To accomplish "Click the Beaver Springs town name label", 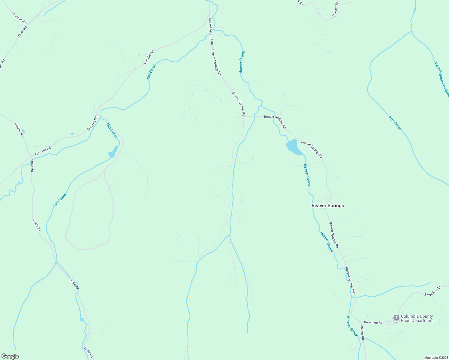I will pos(327,205).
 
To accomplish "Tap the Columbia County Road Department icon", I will pos(396,318).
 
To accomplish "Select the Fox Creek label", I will pos(395,123).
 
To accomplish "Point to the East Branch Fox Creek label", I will pos(441,79).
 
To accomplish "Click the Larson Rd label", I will pos(20,18).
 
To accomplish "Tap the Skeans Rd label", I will pos(19,130).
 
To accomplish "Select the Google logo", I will pos(10,356).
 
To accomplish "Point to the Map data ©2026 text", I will pos(436,358).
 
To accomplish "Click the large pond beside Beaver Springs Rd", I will pos(293,147).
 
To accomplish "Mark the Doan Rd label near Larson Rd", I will pos(22,31).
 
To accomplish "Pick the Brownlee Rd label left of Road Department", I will pos(373,322).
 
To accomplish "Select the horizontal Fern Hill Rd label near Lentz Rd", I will pos(43,151).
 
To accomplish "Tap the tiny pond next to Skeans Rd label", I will pos(23,131).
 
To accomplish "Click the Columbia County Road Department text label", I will pos(417,318).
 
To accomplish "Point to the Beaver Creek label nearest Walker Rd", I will pos(352,326).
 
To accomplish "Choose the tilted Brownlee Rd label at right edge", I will pos(432,292).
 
